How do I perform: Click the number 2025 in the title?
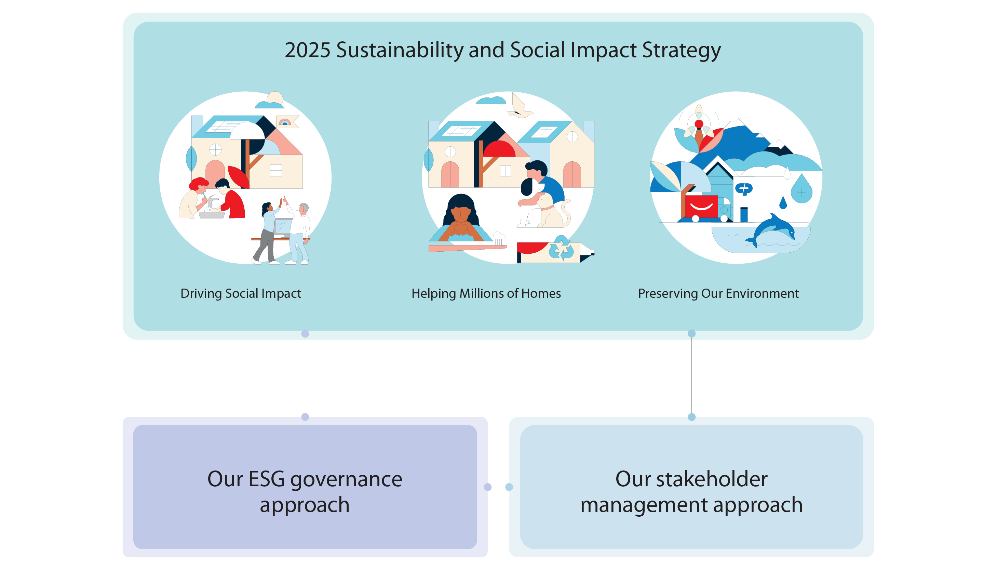(308, 50)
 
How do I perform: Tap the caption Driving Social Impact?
(241, 294)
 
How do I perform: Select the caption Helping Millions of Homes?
(486, 294)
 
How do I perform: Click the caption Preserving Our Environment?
(718, 294)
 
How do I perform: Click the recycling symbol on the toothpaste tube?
(562, 248)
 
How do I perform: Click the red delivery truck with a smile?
(704, 208)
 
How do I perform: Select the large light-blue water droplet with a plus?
(801, 189)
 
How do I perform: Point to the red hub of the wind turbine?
(699, 124)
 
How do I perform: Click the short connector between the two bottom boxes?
(498, 487)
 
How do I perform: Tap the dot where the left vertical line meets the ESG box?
(305, 417)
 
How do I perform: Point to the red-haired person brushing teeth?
(193, 198)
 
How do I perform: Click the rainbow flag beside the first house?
(286, 122)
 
